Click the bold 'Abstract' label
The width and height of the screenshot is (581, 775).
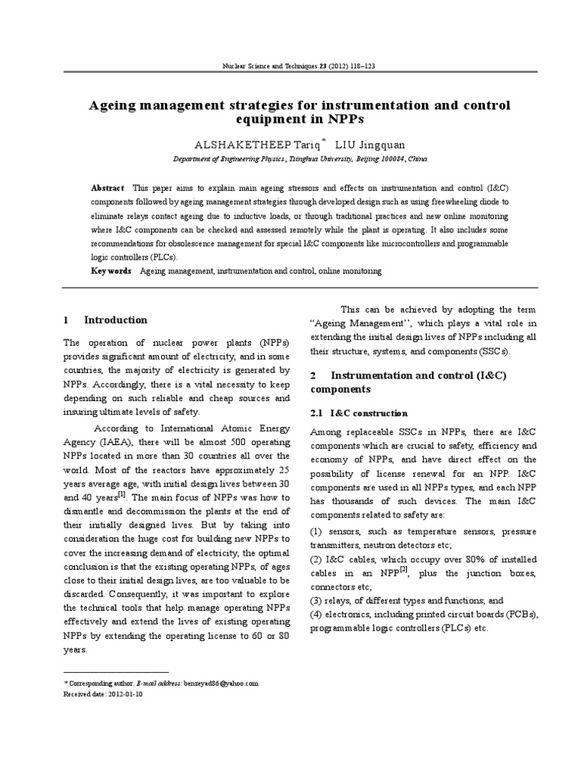pyautogui.click(x=107, y=187)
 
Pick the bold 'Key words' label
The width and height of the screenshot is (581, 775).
pyautogui.click(x=110, y=270)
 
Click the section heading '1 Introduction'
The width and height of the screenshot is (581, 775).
pyautogui.click(x=106, y=320)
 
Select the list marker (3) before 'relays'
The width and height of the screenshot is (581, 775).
pyautogui.click(x=318, y=600)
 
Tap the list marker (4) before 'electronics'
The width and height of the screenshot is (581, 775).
pyautogui.click(x=318, y=614)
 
